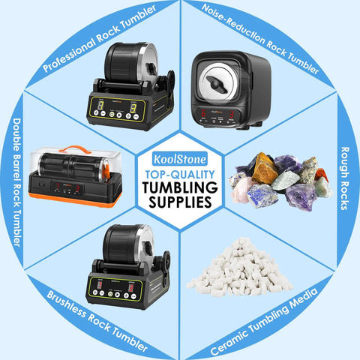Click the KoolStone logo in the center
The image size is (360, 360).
point(180,159)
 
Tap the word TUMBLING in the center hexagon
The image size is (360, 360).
point(180,187)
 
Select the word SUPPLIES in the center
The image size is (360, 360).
point(180,202)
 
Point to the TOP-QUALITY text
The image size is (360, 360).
point(180,174)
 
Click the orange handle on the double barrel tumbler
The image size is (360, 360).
point(75,149)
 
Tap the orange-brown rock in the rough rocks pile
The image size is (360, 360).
point(265,168)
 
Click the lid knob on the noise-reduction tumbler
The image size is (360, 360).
point(217,84)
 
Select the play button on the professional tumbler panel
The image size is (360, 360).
point(119,115)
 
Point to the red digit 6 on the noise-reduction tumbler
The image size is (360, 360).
point(203,113)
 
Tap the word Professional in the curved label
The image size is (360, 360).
point(68,55)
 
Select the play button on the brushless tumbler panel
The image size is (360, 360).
point(117,294)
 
